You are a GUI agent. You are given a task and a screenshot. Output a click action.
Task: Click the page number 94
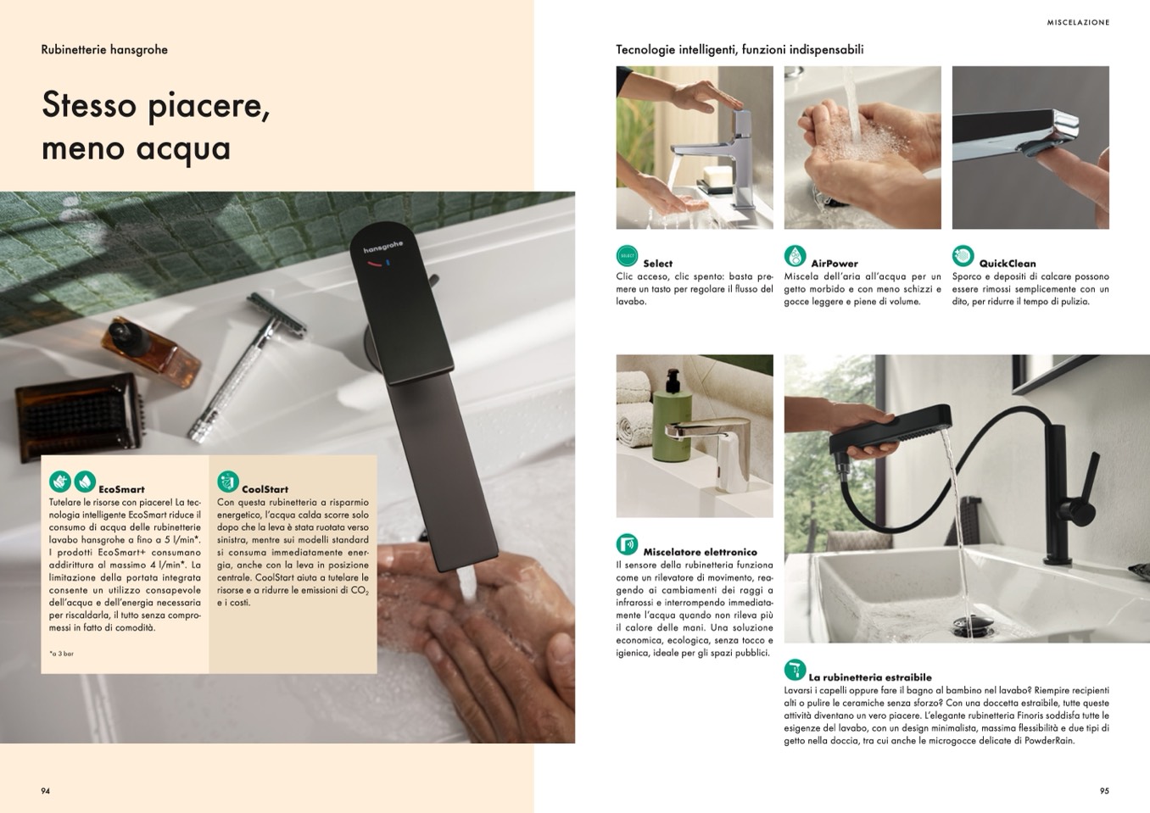click(x=45, y=791)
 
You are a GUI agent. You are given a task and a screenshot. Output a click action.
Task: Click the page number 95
click(x=1104, y=791)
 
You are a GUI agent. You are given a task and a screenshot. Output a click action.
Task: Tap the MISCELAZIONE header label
click(x=1078, y=22)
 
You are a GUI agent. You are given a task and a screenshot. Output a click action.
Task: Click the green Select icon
click(x=627, y=256)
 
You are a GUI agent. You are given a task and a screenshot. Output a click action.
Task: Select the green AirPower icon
click(x=795, y=256)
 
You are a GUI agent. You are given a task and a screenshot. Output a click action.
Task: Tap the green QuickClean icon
click(x=963, y=256)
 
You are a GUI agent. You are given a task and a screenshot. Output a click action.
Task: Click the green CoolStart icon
click(x=228, y=482)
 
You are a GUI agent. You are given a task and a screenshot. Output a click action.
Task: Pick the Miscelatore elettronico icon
click(x=627, y=544)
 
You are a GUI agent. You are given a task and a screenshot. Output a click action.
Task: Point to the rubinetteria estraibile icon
click(x=795, y=670)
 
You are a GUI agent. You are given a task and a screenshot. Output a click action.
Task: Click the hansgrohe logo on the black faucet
click(x=383, y=247)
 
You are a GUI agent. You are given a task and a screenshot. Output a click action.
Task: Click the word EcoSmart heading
click(x=121, y=489)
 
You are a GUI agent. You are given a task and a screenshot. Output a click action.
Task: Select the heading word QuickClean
click(x=1008, y=264)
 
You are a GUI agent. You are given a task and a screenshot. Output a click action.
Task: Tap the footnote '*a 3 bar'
click(x=61, y=654)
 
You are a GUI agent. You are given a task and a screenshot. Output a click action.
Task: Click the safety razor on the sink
click(x=248, y=366)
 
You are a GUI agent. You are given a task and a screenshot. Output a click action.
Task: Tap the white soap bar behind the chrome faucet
click(x=717, y=176)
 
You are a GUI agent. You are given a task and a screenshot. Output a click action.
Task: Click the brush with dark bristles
click(x=80, y=415)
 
